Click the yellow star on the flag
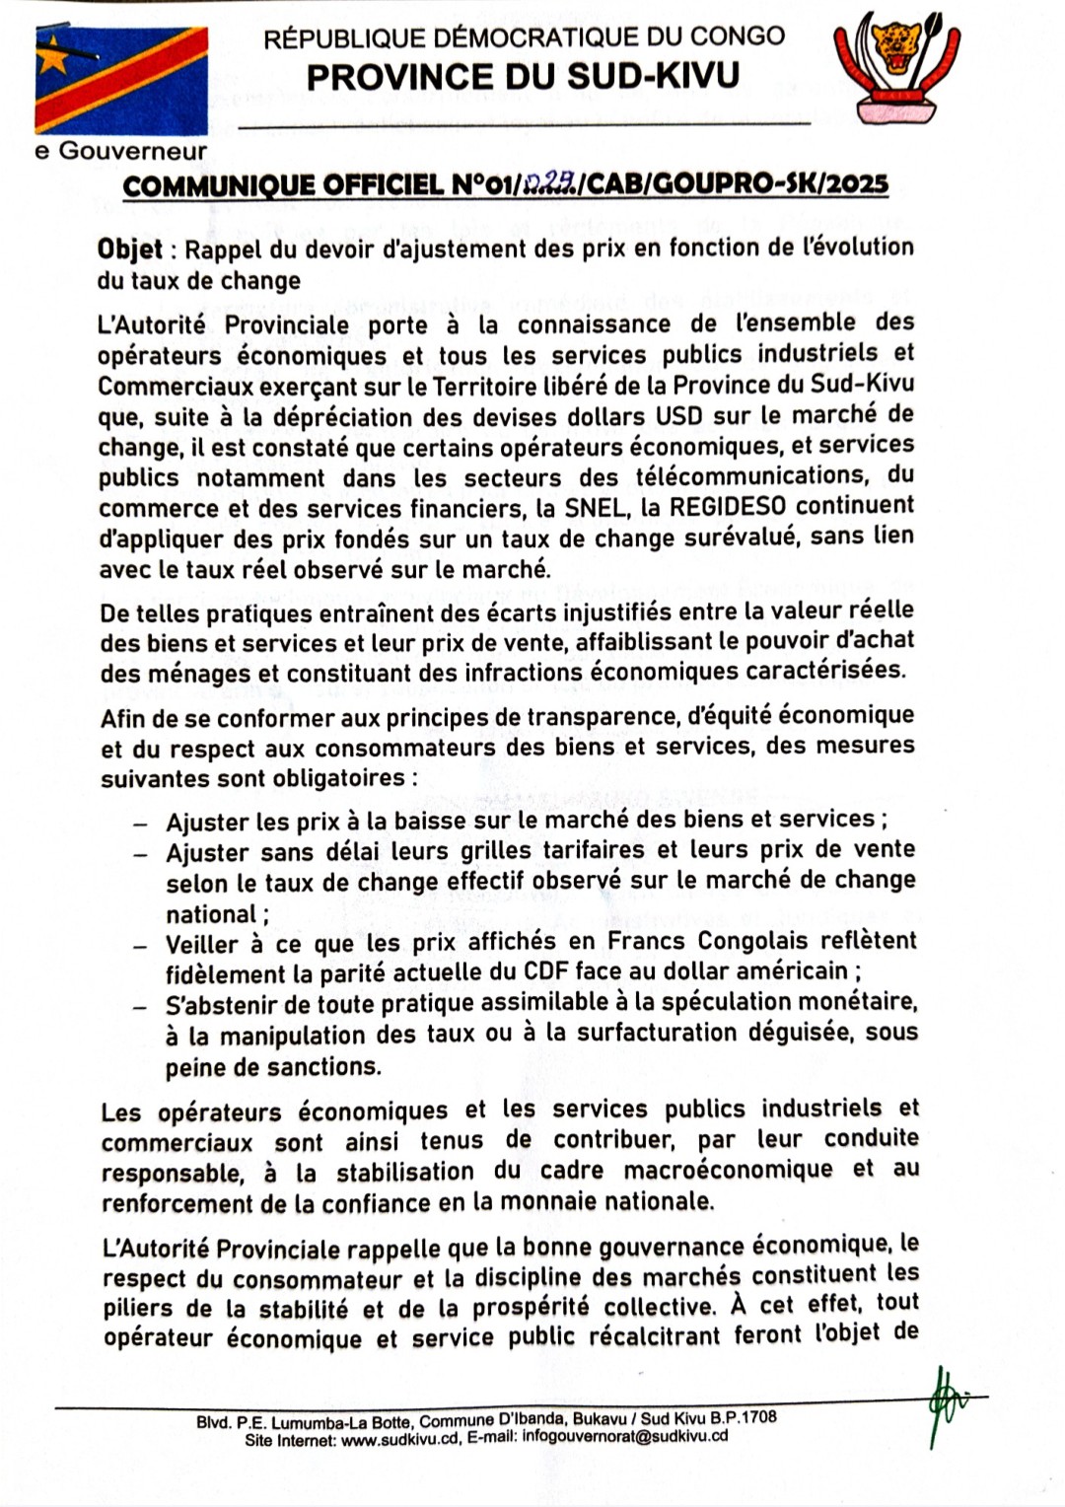click(53, 58)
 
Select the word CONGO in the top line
click(738, 37)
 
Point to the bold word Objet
click(129, 249)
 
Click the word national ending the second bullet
click(211, 914)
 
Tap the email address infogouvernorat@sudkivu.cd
click(625, 1436)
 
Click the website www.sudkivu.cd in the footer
click(400, 1439)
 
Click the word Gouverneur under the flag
click(133, 151)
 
